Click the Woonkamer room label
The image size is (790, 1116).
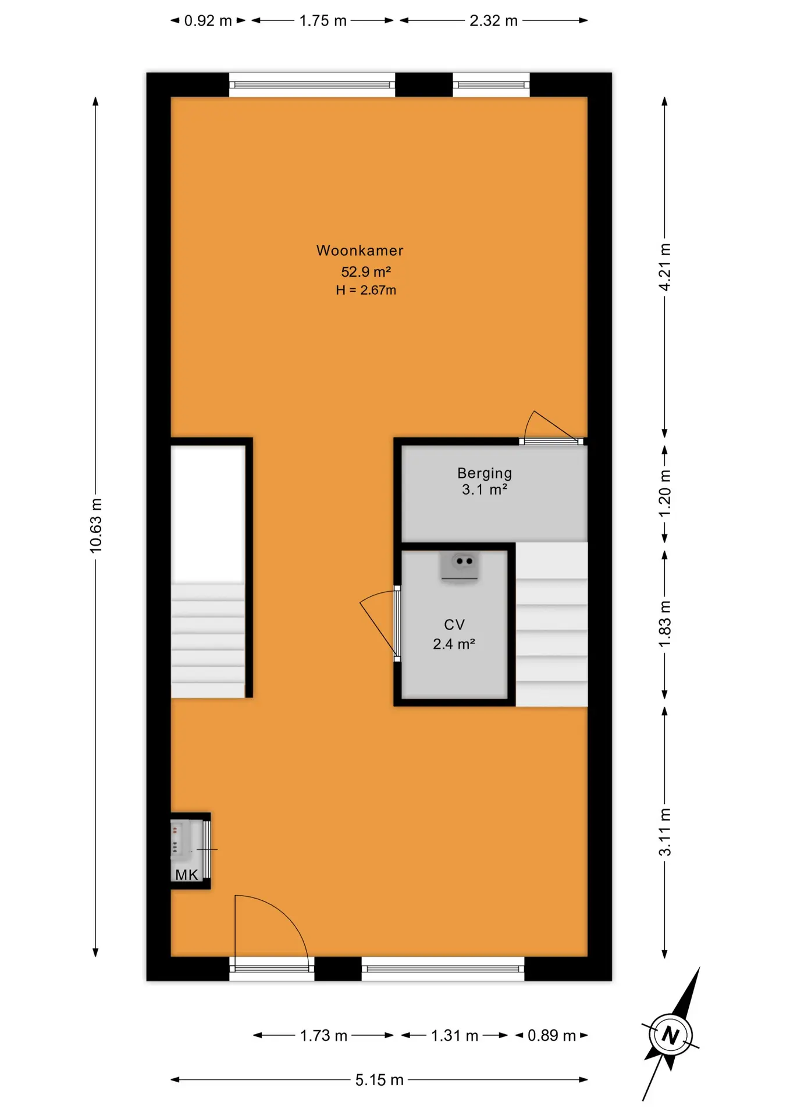[x=360, y=251]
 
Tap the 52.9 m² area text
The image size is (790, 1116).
[x=365, y=271]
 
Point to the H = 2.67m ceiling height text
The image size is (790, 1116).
[x=365, y=290]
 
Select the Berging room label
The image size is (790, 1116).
[x=484, y=473]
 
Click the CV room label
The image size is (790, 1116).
[x=454, y=625]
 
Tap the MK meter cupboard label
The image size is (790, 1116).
[x=187, y=875]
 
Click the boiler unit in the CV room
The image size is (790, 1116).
[x=460, y=566]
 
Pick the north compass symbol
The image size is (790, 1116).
[x=671, y=1035]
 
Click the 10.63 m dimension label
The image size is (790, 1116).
[x=95, y=525]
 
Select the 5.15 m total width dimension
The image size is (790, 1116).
[x=379, y=1080]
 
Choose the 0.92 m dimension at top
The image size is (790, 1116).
[x=208, y=21]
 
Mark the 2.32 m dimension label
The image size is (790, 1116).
[x=493, y=21]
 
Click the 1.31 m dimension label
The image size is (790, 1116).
[x=454, y=1036]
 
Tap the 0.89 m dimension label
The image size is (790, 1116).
[x=551, y=1036]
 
